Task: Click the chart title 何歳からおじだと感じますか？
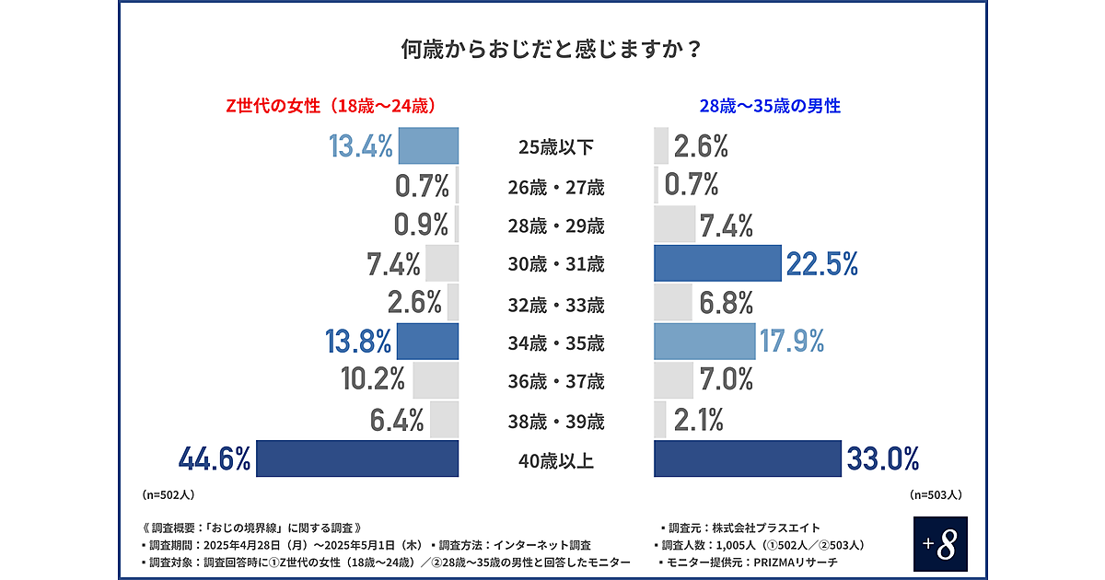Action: (552, 48)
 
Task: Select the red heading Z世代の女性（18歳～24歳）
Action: (331, 106)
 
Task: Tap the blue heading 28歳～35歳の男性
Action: (770, 106)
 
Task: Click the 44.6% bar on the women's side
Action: (357, 458)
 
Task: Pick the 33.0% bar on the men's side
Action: (748, 458)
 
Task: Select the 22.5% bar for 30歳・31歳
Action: (717, 263)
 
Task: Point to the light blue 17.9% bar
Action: (704, 342)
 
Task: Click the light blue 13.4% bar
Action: (428, 145)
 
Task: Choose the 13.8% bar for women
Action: (427, 342)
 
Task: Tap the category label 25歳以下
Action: (556, 147)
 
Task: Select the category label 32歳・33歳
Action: (556, 304)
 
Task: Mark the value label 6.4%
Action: (396, 420)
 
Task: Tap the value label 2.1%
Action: (698, 420)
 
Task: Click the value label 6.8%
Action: (726, 303)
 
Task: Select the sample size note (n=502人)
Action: (169, 494)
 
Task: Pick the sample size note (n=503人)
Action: (936, 494)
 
